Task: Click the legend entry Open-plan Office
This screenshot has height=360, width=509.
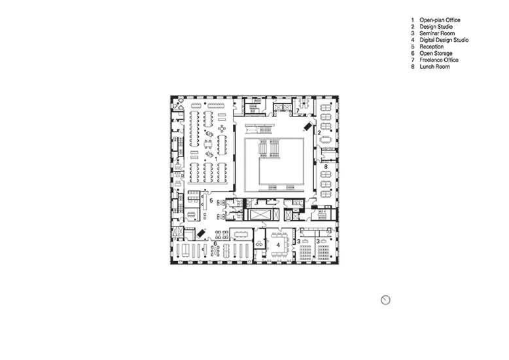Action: pos(440,20)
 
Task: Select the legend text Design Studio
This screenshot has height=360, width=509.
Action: pos(436,27)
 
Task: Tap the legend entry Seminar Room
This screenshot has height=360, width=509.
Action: pos(437,33)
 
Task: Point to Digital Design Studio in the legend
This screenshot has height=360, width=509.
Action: pos(444,40)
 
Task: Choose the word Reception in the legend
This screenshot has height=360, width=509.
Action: pos(431,46)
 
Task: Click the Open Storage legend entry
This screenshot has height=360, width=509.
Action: pos(436,53)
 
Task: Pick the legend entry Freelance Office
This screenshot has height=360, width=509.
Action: pos(439,60)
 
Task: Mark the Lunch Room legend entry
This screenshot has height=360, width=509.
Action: pos(434,67)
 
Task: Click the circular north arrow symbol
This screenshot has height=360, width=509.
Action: pos(385,300)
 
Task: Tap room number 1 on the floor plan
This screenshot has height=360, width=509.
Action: pos(216,159)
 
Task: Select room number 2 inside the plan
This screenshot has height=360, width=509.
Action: pos(319,133)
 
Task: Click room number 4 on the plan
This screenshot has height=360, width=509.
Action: pos(278,245)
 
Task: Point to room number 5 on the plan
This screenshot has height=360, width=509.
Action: pos(211,201)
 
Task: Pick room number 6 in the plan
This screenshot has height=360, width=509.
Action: pos(215,243)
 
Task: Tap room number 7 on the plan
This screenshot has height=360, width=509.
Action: pos(297,111)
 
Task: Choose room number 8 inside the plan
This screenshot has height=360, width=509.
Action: pos(326,167)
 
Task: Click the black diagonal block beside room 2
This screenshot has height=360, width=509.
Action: pos(307,126)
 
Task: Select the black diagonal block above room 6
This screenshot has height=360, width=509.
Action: pos(201,233)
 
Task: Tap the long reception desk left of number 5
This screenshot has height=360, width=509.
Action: pos(205,202)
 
